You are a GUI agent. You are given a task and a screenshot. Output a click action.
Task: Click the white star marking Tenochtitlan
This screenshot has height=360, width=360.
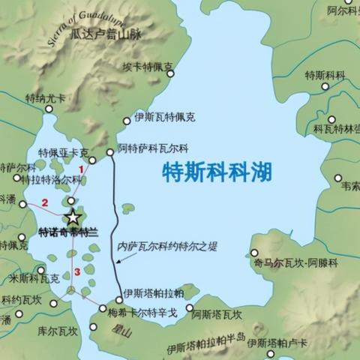click(73, 217)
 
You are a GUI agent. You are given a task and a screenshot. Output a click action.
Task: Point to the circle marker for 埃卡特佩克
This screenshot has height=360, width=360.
click(170, 73)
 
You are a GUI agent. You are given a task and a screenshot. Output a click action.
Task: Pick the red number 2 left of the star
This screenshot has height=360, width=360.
click(45, 202)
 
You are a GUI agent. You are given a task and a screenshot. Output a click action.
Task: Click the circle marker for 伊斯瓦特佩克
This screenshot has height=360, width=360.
click(127, 120)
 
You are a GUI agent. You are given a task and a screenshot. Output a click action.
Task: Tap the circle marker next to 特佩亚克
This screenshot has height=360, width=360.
click(92, 160)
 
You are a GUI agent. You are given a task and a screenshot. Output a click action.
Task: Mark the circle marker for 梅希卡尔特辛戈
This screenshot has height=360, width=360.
click(103, 308)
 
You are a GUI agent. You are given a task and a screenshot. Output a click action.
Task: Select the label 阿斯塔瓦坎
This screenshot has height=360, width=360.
click(217, 315)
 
